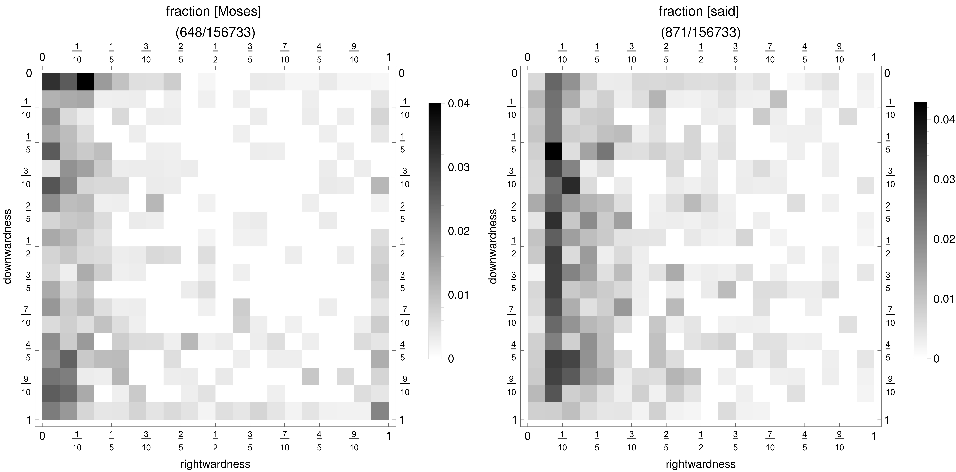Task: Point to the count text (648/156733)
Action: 215,33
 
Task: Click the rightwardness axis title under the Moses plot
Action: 215,464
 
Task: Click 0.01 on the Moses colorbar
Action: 459,295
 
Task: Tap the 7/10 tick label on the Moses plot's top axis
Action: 285,53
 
